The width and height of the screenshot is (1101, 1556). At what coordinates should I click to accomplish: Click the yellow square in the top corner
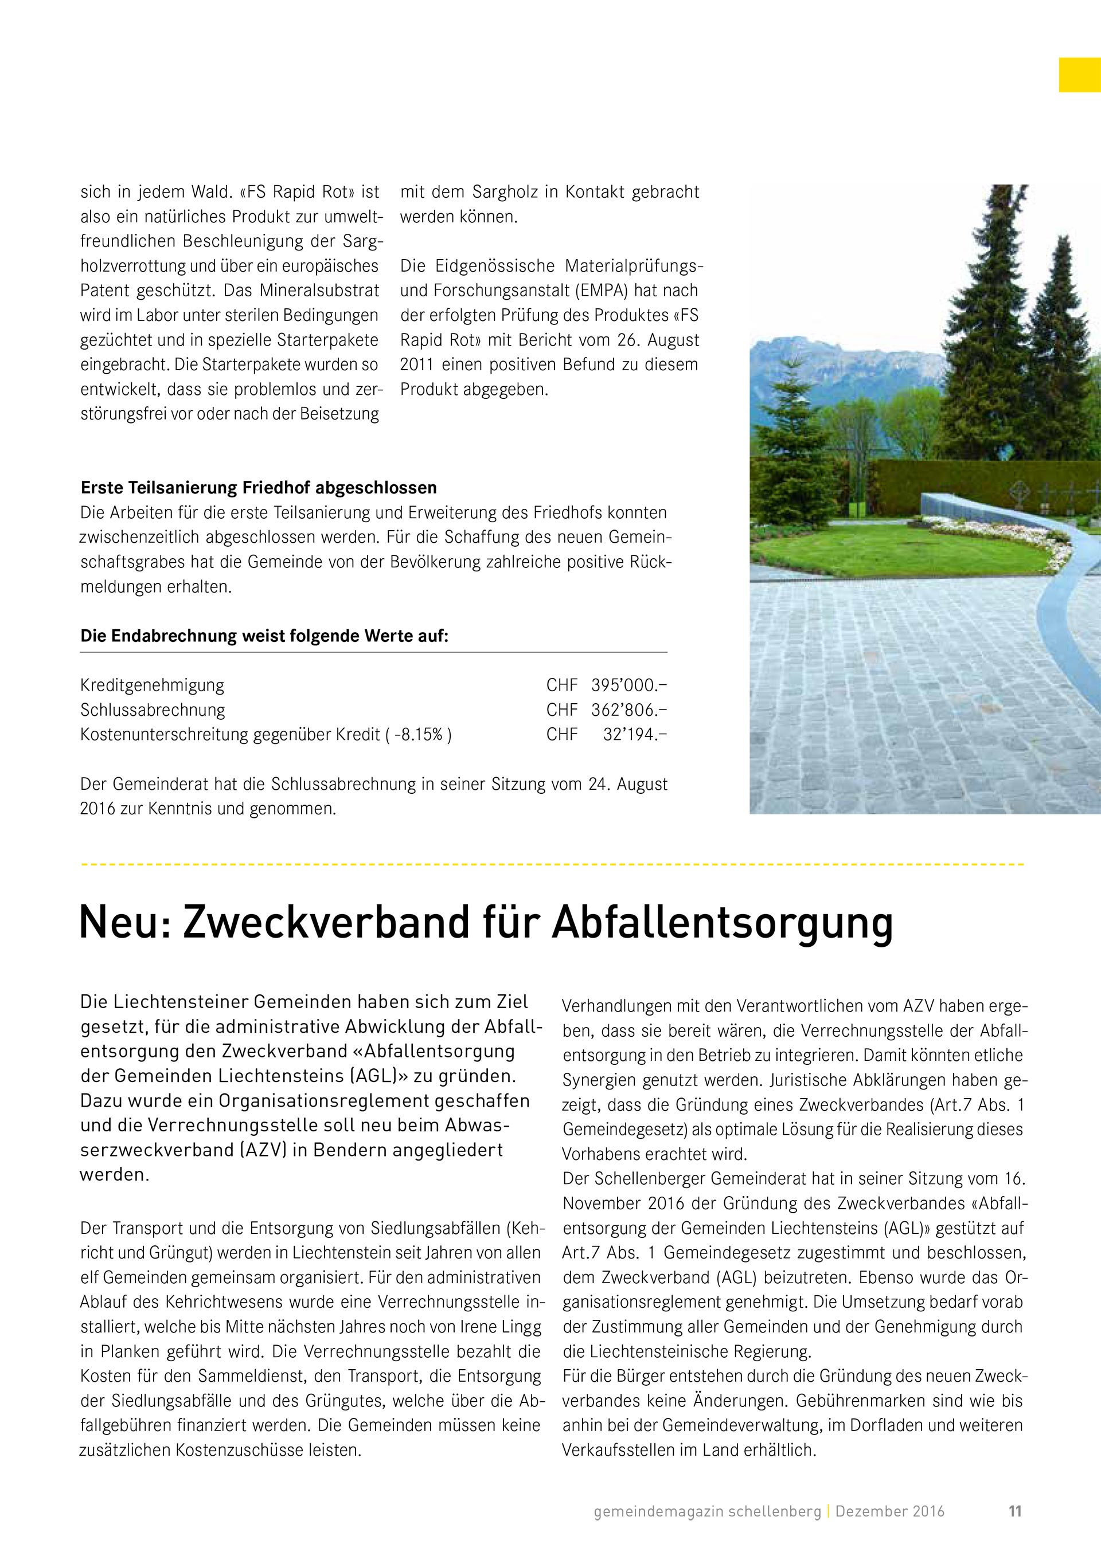1079,75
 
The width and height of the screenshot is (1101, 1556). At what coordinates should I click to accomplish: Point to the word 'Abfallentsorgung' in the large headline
722,924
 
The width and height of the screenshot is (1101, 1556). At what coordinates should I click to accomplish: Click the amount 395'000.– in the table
628,685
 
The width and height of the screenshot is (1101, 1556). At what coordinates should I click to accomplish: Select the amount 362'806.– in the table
628,710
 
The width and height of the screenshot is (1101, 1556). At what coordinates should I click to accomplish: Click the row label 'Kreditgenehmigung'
152,685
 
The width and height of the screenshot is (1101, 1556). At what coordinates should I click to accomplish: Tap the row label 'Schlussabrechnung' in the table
153,710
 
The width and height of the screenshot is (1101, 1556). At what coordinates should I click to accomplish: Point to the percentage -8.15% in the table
418,735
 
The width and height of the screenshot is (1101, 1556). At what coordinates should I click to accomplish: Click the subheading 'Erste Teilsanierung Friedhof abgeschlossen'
258,488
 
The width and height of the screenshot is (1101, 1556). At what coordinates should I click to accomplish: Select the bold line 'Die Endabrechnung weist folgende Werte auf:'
264,636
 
